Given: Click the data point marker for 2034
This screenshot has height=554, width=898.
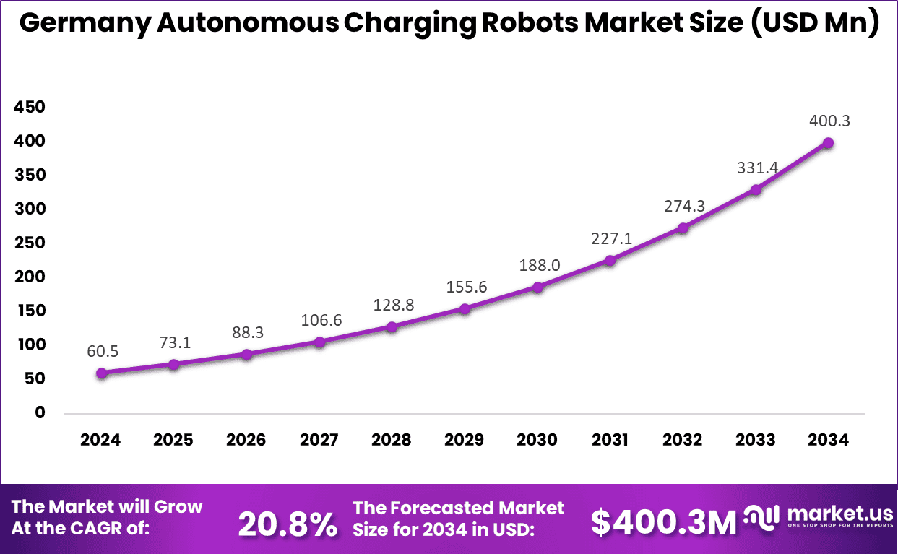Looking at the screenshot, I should tap(828, 143).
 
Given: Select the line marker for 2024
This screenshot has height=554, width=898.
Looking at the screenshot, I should tap(102, 373).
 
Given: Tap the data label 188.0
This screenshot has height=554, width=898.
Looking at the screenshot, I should tap(539, 265).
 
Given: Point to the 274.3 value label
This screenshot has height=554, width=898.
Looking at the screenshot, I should tap(684, 206).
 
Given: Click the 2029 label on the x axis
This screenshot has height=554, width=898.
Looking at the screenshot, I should tap(465, 440).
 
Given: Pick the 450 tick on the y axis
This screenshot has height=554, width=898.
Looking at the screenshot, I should tap(30, 108).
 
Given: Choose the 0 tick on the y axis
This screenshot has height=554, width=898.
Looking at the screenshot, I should tap(40, 412).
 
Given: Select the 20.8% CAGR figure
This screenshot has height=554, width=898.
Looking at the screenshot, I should tap(287, 524).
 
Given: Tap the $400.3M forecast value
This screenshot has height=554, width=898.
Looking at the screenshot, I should tap(663, 522).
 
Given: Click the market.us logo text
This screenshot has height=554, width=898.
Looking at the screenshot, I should tap(839, 514).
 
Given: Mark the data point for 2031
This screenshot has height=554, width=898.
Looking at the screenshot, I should tap(610, 260).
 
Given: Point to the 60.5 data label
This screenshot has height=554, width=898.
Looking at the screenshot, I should tap(101, 352).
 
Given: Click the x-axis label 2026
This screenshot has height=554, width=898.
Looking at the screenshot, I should tap(246, 440).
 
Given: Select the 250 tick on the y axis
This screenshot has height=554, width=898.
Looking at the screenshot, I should tap(30, 243).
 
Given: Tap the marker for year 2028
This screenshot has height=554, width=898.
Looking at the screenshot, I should tap(392, 326).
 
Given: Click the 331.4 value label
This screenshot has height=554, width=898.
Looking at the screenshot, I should tap(756, 168).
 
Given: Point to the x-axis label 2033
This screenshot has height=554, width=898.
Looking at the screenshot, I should tap(756, 440).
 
